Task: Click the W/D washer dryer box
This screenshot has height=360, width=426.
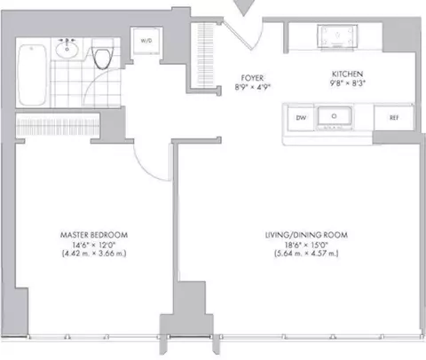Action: click(145, 40)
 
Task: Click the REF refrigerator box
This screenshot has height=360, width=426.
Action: click(389, 116)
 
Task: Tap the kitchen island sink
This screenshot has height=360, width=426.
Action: click(335, 116)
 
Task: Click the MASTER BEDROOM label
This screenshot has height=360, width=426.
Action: click(94, 235)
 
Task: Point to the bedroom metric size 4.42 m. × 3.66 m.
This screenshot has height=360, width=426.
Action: click(94, 254)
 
